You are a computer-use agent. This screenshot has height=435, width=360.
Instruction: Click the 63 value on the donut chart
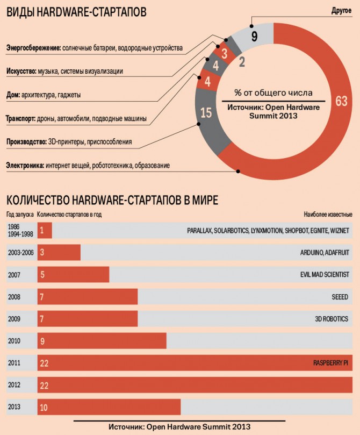(x=341, y=101)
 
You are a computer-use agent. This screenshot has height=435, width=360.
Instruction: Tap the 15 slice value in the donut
(x=206, y=113)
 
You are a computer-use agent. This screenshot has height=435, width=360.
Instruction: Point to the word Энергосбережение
(x=33, y=48)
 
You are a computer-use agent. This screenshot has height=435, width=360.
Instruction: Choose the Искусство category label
(x=21, y=71)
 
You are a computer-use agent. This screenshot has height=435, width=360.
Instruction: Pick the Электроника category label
(x=25, y=166)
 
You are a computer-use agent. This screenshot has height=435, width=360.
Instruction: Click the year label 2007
(x=15, y=274)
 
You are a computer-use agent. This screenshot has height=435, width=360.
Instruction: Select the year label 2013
(x=15, y=407)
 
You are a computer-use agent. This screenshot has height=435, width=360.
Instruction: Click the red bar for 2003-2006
(x=59, y=252)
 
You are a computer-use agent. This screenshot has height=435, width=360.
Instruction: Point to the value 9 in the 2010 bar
(x=43, y=341)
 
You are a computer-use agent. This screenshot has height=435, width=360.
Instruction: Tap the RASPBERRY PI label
(x=330, y=363)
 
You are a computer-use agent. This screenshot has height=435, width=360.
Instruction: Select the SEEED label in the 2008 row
(x=340, y=297)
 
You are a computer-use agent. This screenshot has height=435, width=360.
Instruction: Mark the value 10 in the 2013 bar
(x=44, y=408)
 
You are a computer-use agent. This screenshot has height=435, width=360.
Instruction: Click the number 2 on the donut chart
(x=242, y=62)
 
